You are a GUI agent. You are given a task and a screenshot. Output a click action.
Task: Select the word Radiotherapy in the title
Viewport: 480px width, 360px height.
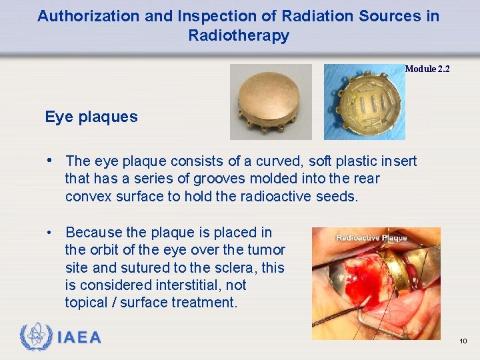[x=239, y=35]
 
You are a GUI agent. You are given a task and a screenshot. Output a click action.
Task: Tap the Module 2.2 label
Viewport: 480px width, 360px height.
[x=427, y=69]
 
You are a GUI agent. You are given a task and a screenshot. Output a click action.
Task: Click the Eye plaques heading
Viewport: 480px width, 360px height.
[x=91, y=117]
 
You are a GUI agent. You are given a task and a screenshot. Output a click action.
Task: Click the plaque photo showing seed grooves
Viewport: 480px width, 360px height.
[x=364, y=101]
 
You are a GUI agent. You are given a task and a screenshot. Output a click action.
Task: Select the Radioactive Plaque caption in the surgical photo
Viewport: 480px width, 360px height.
[x=371, y=238]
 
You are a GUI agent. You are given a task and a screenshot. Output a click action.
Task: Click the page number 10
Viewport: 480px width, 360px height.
[x=463, y=341]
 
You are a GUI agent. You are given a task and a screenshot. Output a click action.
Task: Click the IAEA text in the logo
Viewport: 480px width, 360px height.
[x=79, y=338]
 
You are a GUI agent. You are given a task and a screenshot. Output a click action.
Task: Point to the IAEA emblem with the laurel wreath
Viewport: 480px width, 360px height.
[x=35, y=337]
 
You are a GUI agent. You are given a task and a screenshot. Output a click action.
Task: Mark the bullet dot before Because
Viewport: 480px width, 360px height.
[x=50, y=233]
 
